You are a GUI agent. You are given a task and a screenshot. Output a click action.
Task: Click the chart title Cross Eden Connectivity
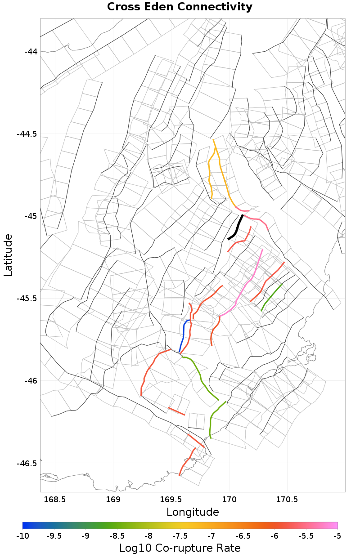tap(180, 7)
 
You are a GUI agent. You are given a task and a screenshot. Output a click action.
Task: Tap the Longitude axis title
tap(193, 512)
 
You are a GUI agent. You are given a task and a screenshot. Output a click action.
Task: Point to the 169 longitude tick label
tap(112, 500)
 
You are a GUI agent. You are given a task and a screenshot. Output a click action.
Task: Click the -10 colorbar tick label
tap(22, 536)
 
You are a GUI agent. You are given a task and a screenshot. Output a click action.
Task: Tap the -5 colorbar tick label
tap(337, 536)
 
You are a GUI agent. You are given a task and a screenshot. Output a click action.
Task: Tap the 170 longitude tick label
tap(229, 500)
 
